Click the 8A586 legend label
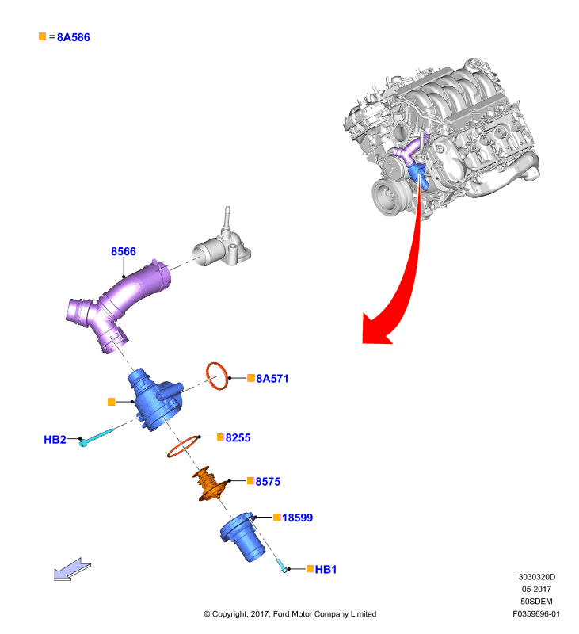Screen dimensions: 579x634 click(73, 37)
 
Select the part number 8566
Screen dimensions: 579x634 click(124, 251)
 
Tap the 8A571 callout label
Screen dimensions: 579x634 click(272, 379)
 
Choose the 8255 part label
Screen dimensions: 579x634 click(238, 438)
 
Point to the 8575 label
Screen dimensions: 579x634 click(268, 482)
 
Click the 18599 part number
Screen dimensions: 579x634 click(297, 518)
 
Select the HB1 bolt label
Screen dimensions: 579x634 click(326, 569)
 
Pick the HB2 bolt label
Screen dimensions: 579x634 click(55, 440)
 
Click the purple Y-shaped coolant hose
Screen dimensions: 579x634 click(117, 304)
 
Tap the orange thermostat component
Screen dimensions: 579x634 click(209, 483)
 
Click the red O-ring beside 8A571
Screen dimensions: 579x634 click(217, 376)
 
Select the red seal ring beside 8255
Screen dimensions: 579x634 click(183, 446)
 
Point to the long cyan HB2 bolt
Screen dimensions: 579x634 click(97, 437)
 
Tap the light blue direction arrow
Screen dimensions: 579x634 click(72, 569)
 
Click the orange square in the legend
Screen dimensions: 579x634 click(43, 36)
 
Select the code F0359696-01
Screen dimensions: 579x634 click(536, 613)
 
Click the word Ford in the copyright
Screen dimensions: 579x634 click(281, 613)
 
